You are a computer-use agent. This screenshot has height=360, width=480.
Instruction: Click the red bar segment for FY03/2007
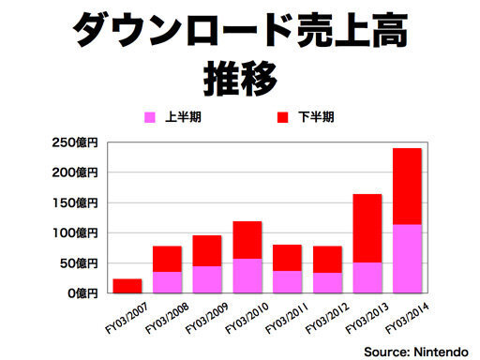[127, 286]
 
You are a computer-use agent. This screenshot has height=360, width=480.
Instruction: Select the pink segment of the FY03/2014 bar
[407, 259]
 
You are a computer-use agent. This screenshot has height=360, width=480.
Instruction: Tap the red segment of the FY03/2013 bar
[367, 229]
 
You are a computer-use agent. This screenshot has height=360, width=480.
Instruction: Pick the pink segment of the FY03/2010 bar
[247, 276]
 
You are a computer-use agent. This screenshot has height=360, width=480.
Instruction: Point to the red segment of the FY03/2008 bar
[167, 259]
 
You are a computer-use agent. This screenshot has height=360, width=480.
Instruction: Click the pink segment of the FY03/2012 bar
[327, 283]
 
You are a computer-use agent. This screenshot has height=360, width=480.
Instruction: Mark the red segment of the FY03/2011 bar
[287, 258]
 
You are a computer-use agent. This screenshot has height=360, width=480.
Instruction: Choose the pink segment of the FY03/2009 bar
[207, 279]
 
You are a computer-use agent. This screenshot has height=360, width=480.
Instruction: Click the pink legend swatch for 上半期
[150, 117]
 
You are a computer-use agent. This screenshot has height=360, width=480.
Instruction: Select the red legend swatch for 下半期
[282, 117]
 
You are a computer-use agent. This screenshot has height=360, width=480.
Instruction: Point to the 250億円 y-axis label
[75, 142]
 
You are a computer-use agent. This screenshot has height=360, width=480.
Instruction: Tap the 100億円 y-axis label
[75, 233]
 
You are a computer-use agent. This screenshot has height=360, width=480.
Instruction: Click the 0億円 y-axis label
[82, 293]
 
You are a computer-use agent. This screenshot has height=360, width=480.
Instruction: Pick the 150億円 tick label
[75, 203]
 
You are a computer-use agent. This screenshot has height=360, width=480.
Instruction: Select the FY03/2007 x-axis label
[127, 319]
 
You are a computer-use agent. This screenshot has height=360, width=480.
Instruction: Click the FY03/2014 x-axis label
[407, 319]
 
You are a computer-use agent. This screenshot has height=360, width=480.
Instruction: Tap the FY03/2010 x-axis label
[247, 319]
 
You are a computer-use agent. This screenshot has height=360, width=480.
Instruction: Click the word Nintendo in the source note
[442, 352]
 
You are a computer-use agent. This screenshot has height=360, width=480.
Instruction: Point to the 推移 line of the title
[240, 78]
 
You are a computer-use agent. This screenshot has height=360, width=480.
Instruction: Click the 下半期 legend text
[316, 117]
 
